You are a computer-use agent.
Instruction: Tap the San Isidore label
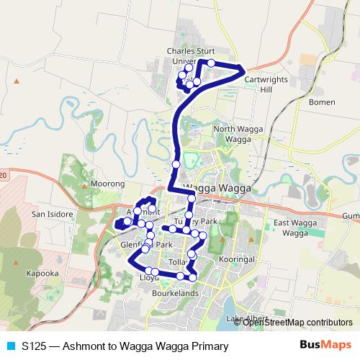[x=49, y=214]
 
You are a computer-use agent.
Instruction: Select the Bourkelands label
[x=174, y=294]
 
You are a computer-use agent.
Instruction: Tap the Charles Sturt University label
[x=190, y=56]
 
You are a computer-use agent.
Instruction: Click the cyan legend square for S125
[x=11, y=346]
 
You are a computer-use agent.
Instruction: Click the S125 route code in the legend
[x=35, y=346]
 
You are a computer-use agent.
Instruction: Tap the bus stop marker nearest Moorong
[x=138, y=211]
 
